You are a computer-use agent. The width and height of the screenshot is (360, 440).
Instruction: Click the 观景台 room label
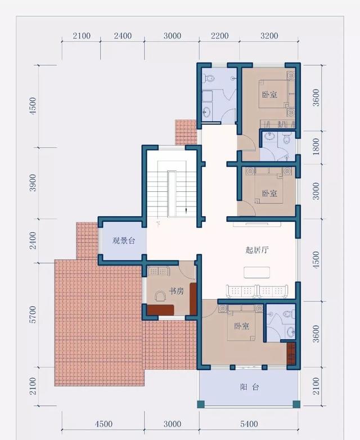pyautogui.click(x=124, y=241)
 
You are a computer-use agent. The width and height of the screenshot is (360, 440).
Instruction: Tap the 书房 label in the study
pyautogui.click(x=177, y=291)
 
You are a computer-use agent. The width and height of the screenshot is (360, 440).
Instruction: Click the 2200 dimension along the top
pyautogui.click(x=219, y=36)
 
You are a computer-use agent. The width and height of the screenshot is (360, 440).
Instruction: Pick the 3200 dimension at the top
pyautogui.click(x=269, y=36)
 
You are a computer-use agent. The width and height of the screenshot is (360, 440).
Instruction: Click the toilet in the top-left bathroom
pyautogui.click(x=207, y=78)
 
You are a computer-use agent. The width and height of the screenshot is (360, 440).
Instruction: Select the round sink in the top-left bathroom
pyautogui.click(x=206, y=111)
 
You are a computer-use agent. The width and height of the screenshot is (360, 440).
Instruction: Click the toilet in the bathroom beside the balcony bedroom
pyautogui.click(x=288, y=315)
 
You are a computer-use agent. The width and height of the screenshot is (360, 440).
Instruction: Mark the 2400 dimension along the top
pyautogui.click(x=123, y=36)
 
